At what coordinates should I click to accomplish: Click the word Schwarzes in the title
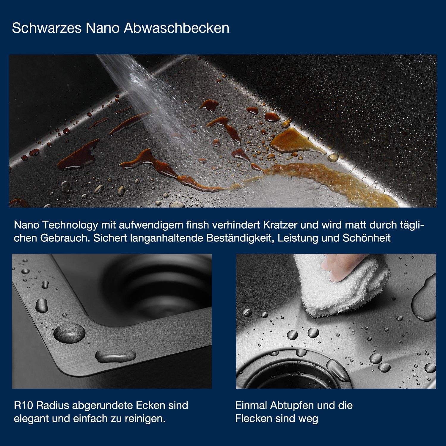click(x=47, y=28)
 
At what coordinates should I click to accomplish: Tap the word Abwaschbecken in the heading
click(x=177, y=28)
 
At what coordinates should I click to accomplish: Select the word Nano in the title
click(x=103, y=28)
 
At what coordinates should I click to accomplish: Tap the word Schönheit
click(x=367, y=238)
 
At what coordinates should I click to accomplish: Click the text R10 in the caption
click(x=23, y=405)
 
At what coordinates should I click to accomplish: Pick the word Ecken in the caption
click(x=150, y=405)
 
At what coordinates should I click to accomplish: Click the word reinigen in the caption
click(x=145, y=419)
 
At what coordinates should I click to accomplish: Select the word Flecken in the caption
click(x=254, y=419)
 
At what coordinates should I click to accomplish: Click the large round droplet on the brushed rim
click(x=69, y=333)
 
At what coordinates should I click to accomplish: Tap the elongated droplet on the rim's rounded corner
click(x=116, y=356)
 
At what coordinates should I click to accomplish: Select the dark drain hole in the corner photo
click(x=158, y=285)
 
